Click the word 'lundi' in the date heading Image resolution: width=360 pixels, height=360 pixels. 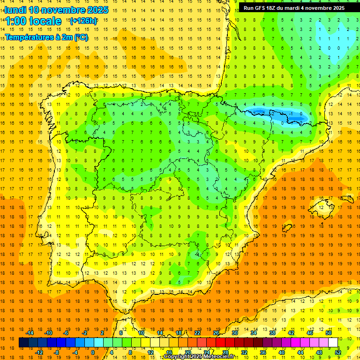point(15,10)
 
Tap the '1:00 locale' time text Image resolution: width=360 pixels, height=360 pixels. point(33,21)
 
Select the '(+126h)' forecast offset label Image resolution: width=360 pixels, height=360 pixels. point(83,21)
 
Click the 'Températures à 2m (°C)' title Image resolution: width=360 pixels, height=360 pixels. point(46,37)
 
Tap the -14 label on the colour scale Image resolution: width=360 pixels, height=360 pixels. point(30,333)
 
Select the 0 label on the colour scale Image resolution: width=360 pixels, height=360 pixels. point(93,352)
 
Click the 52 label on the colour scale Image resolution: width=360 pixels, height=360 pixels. point(338,352)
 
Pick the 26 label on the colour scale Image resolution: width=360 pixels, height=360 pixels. point(216,333)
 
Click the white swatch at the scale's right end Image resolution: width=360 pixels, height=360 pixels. point(333,343)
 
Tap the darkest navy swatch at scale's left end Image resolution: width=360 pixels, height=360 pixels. point(23,343)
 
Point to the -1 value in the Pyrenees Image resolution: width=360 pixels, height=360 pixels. point(292,113)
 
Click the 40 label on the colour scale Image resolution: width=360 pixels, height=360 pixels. point(282,352)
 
